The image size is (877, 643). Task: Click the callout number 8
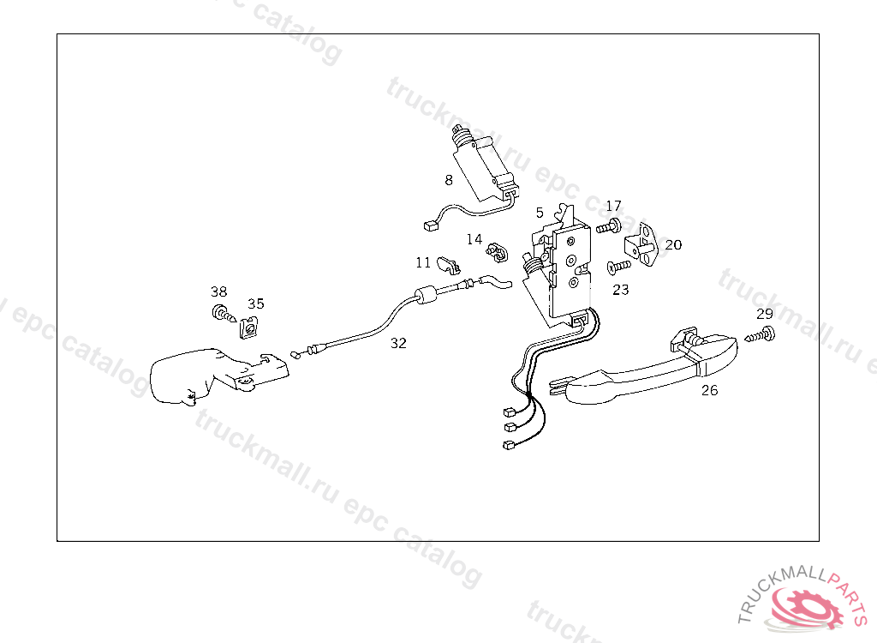pos(449,180)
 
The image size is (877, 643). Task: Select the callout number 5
pos(540,213)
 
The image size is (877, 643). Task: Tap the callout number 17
pos(613,206)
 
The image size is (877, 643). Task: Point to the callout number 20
pos(673,244)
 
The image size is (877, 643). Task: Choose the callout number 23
pos(621,290)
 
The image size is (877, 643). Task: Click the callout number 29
pos(765,314)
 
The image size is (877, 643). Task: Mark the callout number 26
pos(710,390)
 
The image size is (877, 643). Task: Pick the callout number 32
pos(398,343)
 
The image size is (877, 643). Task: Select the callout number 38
pos(218,291)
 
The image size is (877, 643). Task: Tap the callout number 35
pos(255,303)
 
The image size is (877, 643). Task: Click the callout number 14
pos(474,239)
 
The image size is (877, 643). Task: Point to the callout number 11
pos(423,262)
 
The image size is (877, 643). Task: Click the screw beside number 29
pos(760,335)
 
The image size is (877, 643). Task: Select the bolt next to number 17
pos(609,227)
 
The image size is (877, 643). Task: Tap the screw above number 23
pos(619,267)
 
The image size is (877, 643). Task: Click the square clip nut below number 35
pos(249,328)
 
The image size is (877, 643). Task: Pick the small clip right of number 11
pos(449,266)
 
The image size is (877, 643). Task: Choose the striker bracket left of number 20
pos(641,244)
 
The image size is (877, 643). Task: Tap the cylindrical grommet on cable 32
pos(427,295)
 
